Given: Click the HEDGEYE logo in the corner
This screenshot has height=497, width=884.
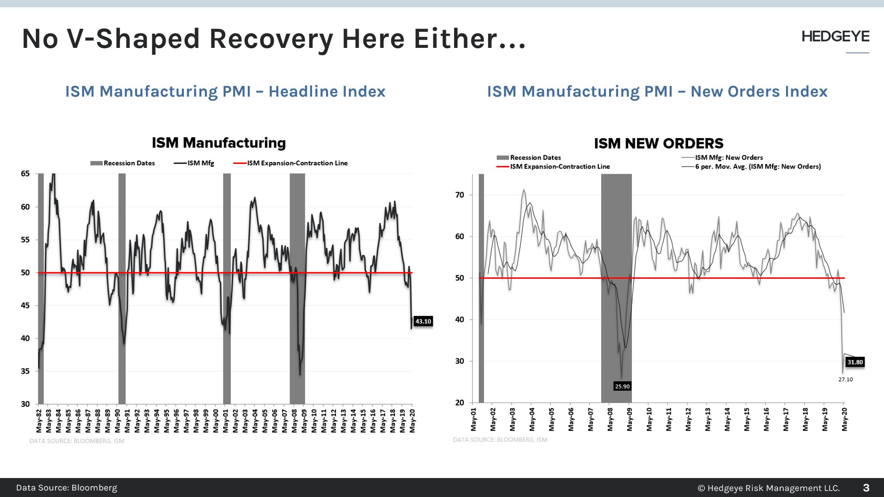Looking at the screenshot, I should [x=835, y=37].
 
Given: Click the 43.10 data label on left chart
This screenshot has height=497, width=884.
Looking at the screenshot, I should [x=423, y=321].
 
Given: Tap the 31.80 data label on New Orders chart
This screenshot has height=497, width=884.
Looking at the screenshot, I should [x=855, y=362].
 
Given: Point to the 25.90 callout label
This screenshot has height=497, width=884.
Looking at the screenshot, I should [x=622, y=387].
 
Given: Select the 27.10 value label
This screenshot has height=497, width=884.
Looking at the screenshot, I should [x=845, y=380].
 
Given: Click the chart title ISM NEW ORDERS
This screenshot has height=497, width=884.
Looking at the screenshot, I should [x=658, y=144].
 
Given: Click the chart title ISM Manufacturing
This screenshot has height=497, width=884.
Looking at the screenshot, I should [x=218, y=143].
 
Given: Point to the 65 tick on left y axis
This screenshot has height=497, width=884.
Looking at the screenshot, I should [x=25, y=174].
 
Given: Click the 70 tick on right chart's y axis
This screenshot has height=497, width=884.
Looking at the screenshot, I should [x=460, y=195].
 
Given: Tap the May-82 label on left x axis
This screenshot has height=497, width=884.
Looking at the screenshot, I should [x=39, y=421].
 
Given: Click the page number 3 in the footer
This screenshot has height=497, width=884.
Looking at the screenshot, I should [x=866, y=488].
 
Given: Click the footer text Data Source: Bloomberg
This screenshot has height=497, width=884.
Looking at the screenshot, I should [x=66, y=488].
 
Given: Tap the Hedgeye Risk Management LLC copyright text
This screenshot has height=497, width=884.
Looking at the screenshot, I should [x=769, y=488].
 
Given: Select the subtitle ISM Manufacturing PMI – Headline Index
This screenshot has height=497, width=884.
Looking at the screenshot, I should [x=225, y=91].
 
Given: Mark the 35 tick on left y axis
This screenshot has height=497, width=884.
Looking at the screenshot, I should [x=25, y=371].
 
